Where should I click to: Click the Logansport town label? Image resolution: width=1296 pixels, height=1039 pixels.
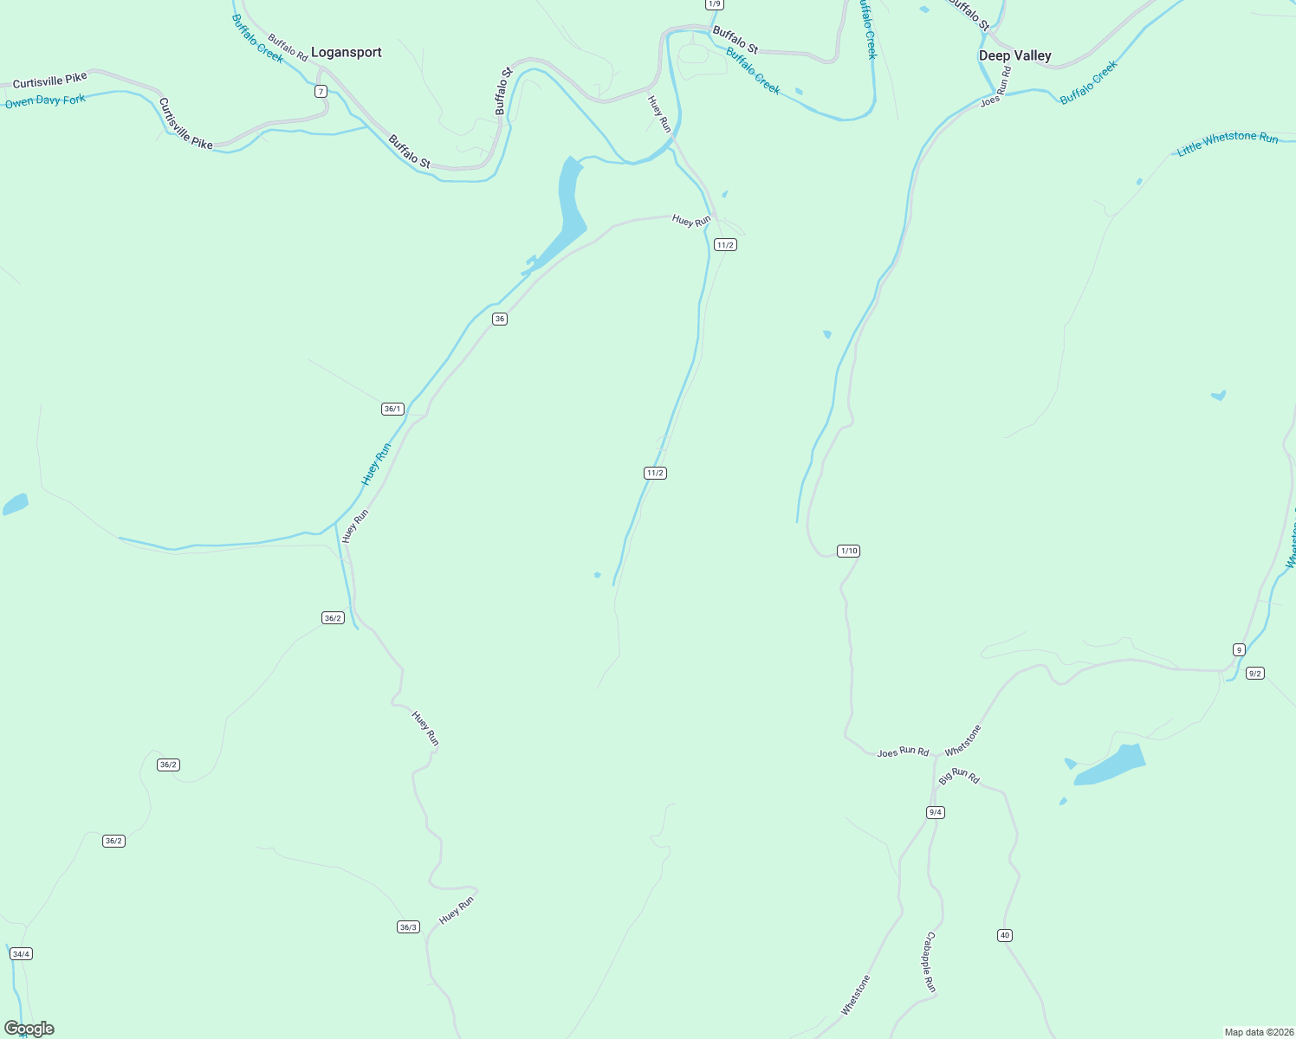[347, 53]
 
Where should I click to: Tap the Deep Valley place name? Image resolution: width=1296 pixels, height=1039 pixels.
[1014, 55]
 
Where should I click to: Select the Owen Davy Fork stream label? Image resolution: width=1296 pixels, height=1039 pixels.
[46, 101]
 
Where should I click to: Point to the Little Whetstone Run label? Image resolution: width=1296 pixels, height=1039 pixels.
[1228, 144]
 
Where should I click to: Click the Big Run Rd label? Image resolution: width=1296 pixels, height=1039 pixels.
[959, 775]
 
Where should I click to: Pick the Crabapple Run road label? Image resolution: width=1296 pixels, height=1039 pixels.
[930, 962]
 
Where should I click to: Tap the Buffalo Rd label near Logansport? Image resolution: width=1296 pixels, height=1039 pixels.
[288, 48]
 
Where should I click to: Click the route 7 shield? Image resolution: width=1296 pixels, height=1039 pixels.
[321, 92]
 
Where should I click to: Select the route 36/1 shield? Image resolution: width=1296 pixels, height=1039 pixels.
[392, 409]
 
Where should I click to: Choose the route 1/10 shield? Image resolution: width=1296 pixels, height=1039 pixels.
[848, 551]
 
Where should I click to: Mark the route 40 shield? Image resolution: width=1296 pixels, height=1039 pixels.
[1005, 935]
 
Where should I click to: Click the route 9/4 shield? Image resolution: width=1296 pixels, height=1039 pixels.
[936, 812]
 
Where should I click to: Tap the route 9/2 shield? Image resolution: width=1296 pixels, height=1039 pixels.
[1254, 673]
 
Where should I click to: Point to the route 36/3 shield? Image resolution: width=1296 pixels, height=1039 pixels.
[408, 927]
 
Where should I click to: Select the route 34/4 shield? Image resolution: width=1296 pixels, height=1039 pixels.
[21, 954]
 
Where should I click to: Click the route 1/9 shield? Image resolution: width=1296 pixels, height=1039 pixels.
[714, 4]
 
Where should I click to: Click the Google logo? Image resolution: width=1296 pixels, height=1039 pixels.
[29, 1029]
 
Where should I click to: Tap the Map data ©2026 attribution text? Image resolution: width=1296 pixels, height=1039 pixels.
[1258, 1032]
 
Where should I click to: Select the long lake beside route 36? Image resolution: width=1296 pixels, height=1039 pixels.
[569, 203]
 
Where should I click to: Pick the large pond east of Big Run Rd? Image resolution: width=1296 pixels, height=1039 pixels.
[1111, 765]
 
